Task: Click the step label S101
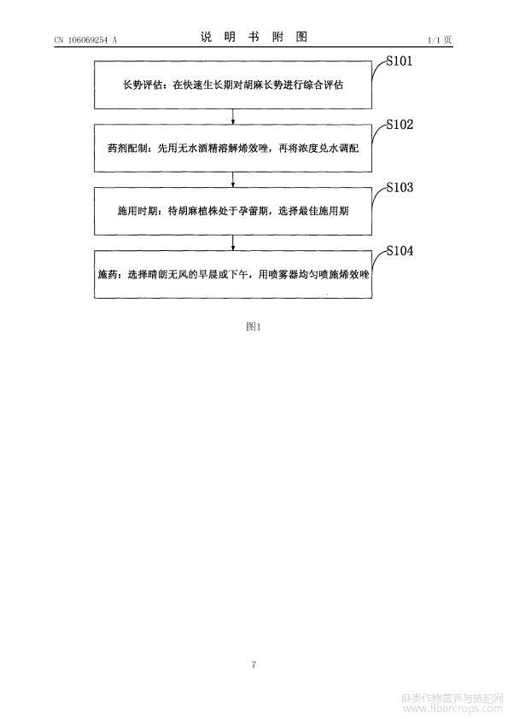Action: pyautogui.click(x=399, y=61)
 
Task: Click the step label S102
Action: pyautogui.click(x=400, y=125)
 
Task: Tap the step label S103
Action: pyautogui.click(x=400, y=187)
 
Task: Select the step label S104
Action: pyautogui.click(x=400, y=250)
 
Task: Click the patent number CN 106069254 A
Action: pyautogui.click(x=85, y=40)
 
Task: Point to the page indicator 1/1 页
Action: pyautogui.click(x=440, y=40)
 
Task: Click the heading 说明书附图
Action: pyautogui.click(x=254, y=37)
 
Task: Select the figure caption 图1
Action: pyautogui.click(x=254, y=326)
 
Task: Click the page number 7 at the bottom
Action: pyautogui.click(x=254, y=664)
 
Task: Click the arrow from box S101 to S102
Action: pyautogui.click(x=233, y=116)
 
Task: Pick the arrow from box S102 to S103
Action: pyautogui.click(x=233, y=179)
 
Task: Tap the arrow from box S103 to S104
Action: pyautogui.click(x=233, y=243)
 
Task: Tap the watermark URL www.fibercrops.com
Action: pyautogui.click(x=452, y=709)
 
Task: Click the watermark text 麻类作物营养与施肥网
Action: pyautogui.click(x=452, y=698)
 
